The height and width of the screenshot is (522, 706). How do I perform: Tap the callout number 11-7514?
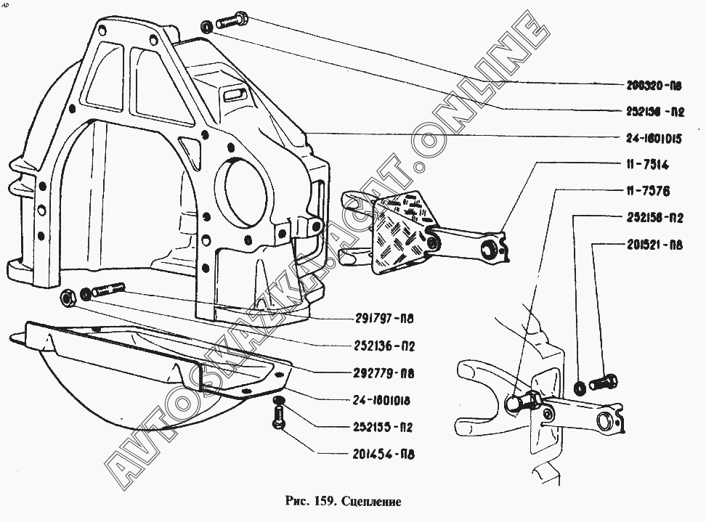coord(645,166)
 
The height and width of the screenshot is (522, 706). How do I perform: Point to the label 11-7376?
coord(645,192)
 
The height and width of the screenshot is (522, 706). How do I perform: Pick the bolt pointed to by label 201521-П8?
coord(604,380)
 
